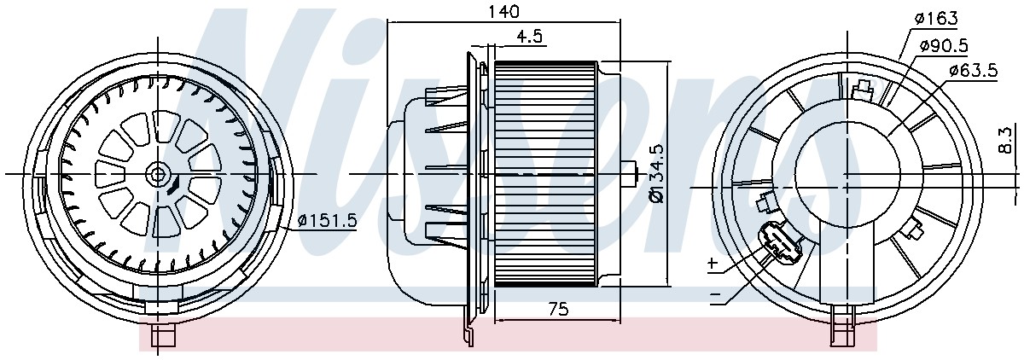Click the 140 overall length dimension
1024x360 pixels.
pos(504,11)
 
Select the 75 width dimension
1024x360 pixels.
pos(558,310)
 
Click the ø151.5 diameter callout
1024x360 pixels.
pos(326,221)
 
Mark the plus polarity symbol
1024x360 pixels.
pos(713,263)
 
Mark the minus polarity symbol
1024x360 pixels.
pos(714,293)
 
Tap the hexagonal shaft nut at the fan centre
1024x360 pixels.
pos(157,174)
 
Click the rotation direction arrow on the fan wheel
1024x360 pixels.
pos(173,186)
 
